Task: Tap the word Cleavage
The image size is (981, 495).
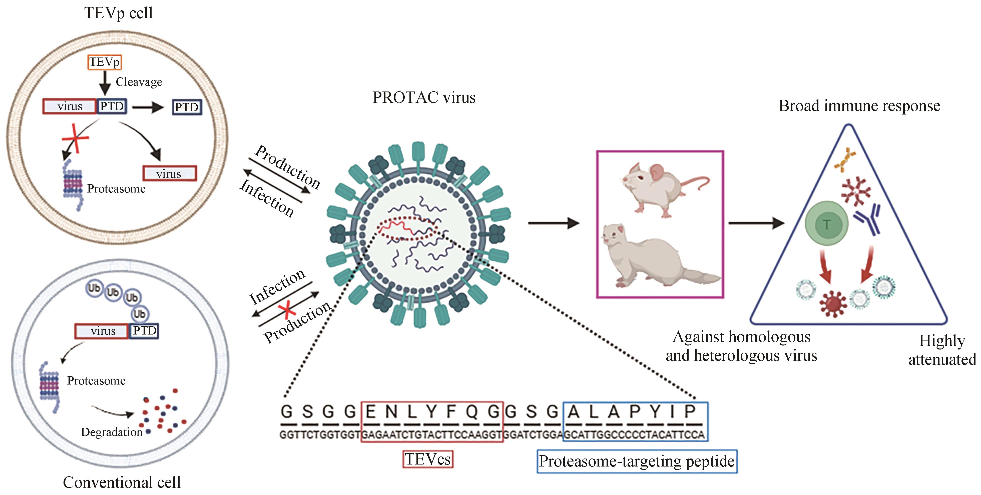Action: click(139, 82)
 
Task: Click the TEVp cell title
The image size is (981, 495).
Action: click(119, 13)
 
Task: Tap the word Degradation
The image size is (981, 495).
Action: click(112, 432)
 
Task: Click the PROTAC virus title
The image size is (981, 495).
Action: click(424, 97)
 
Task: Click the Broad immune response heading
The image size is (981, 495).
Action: click(859, 106)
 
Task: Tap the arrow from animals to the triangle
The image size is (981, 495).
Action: click(756, 223)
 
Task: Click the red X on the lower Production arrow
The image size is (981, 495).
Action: click(287, 309)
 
